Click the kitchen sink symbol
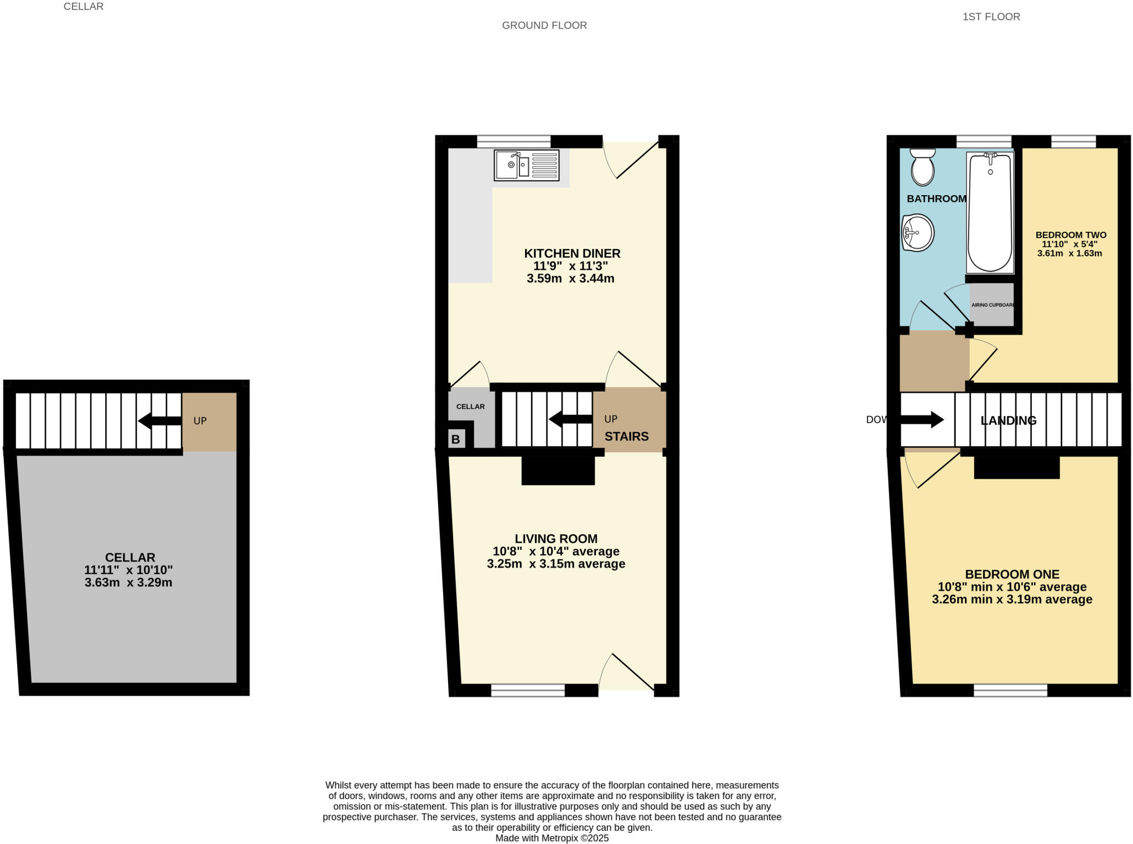pos(526,165)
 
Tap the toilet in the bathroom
pos(922,167)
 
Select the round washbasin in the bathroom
pos(918,233)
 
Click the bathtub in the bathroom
pos(990,213)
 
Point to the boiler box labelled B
pos(455,440)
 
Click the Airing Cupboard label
pos(992,305)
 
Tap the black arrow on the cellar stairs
pos(159,421)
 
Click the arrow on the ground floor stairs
pos(570,420)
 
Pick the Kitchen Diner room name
pos(572,253)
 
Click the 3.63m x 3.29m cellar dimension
pos(128,582)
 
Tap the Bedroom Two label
pos(1070,235)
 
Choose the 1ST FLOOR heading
pos(991,17)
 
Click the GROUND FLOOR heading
pos(544,25)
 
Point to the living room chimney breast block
pos(558,471)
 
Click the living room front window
pos(527,690)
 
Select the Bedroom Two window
pos(1073,142)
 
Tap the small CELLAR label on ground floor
pos(470,407)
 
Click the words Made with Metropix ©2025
pos(552,838)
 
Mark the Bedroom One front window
pos(1010,690)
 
